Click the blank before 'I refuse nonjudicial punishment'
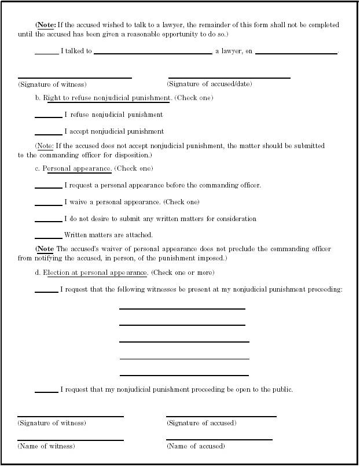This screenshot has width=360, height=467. (x=48, y=116)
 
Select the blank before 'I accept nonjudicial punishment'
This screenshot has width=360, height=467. (x=48, y=133)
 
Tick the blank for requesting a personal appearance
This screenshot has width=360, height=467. (x=48, y=186)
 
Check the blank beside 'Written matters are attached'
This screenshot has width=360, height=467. (x=48, y=236)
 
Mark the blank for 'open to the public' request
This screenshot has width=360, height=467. (x=46, y=391)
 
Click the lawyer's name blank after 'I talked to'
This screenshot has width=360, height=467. (x=153, y=52)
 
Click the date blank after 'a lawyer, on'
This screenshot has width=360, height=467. (x=296, y=52)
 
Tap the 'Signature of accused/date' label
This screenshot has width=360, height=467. (x=210, y=84)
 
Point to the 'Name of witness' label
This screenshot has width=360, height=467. (x=46, y=446)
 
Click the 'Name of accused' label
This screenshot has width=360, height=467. (x=196, y=446)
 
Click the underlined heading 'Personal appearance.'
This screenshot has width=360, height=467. (x=78, y=169)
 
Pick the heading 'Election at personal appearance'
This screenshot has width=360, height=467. (x=97, y=273)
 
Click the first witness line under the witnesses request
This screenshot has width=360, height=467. (x=182, y=308)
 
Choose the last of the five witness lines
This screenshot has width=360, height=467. (x=184, y=375)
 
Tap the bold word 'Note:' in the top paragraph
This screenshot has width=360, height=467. (x=47, y=25)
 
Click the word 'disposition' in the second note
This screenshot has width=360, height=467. (x=134, y=155)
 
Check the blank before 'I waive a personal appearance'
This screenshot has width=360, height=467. (x=48, y=203)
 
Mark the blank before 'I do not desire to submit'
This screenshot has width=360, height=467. (x=48, y=220)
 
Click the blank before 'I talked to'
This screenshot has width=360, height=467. (x=46, y=52)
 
